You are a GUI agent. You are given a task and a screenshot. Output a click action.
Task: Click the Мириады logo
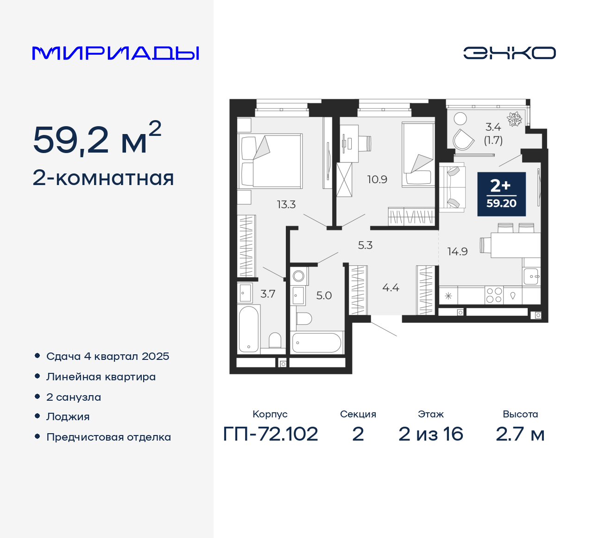coord(116,53)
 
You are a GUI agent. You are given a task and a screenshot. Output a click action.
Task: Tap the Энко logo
coord(509,53)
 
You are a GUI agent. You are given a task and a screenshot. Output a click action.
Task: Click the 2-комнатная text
coord(103,178)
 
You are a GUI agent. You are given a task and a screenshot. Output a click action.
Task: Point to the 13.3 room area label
coord(286,205)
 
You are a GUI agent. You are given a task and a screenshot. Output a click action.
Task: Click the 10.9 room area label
coord(377,179)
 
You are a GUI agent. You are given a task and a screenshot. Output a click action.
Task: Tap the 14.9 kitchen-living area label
coord(457,252)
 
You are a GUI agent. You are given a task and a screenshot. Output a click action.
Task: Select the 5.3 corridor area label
coord(365,245)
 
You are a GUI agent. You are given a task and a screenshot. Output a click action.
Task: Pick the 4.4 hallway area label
coord(391,288)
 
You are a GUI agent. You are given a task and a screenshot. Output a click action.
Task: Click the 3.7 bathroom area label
coord(268,294)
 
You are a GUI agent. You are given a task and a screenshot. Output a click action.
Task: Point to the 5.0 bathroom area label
coord(324,296)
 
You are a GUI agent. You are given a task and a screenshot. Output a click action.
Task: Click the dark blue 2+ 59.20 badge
coord(501,194)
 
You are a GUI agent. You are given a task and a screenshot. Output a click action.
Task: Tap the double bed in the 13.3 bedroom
coord(271,161)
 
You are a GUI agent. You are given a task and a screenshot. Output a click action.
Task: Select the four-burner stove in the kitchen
coord(494,295)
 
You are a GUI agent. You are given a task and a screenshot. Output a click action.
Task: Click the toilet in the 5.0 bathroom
coord(303,319)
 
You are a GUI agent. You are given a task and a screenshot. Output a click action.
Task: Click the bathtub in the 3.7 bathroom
coord(248,329)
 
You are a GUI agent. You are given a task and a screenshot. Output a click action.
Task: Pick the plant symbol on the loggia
coord(514,119)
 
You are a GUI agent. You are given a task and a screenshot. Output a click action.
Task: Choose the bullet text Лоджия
coord(68,417)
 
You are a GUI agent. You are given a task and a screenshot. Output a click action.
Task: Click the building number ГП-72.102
coord(271,434)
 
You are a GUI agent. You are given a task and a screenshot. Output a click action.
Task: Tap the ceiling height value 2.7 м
coord(520,434)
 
